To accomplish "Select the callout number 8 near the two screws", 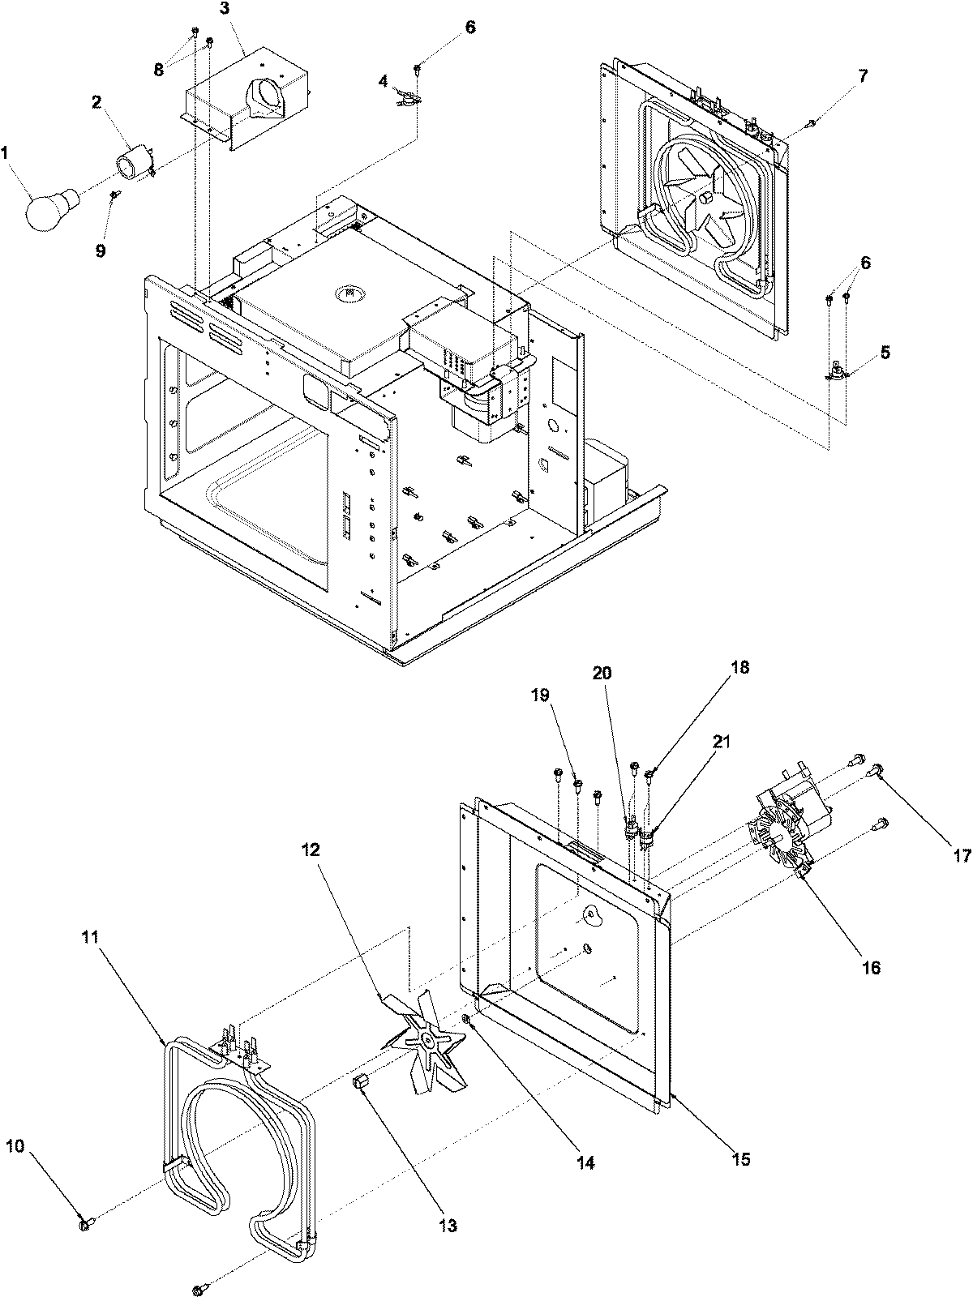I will pos(158,70).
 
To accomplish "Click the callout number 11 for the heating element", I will pos(90,936).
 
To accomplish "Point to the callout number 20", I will pos(602,673).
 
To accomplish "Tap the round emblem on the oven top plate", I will pos(349,291).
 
